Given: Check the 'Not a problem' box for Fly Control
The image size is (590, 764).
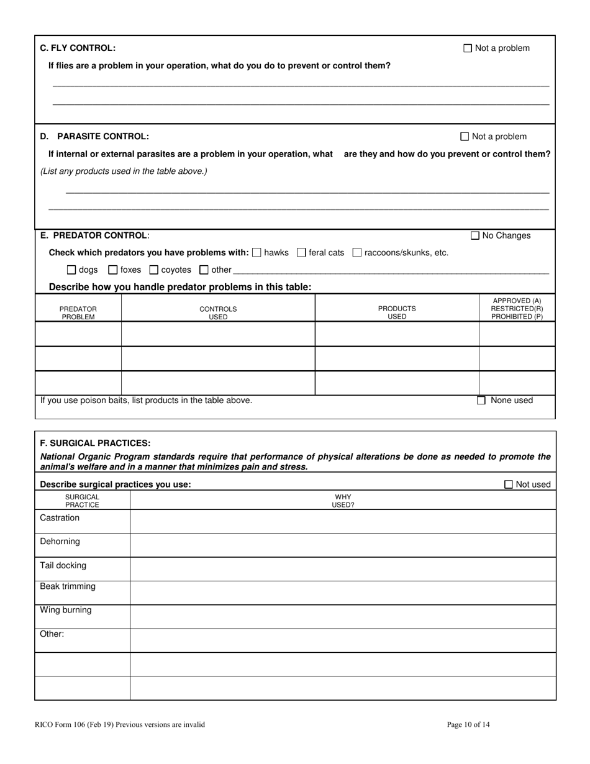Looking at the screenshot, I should pos(468,48).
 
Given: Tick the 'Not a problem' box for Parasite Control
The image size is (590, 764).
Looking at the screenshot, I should pos(465,137).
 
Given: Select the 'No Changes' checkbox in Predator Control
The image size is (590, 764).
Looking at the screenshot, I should pos(475,235).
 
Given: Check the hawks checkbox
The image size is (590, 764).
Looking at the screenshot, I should pos(257,253).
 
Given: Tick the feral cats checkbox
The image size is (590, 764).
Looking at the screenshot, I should pos(302,253).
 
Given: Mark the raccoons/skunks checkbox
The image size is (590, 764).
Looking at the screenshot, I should pos(357,253).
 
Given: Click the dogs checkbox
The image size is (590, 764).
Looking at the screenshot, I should pos(71,270).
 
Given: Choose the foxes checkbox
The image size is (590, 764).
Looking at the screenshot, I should pos(113,270).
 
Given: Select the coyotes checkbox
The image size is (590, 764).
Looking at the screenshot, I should pos(154,270).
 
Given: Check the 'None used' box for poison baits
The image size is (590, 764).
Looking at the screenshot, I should pos(481,401).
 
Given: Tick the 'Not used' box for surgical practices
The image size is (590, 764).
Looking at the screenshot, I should pos(509,484).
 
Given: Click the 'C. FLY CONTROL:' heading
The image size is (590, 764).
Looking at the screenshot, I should pos(78,48).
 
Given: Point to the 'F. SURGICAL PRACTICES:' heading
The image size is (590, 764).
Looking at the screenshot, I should pos(95,443).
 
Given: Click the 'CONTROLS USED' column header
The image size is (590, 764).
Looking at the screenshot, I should pos(218,312).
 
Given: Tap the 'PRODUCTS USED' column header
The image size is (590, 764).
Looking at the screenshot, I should pos(397,312).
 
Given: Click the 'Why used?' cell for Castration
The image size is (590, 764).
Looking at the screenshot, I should pos(343,521).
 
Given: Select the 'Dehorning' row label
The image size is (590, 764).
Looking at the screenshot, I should pos(60,542).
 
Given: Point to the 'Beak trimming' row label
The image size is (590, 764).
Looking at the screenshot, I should pos(68,586).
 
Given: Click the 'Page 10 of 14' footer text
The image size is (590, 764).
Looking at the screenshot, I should pos(468,724).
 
